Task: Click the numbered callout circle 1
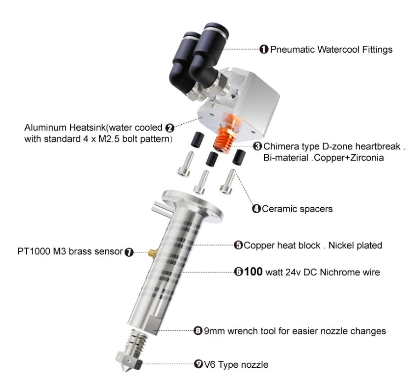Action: (x=264, y=50)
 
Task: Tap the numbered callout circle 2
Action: (x=170, y=128)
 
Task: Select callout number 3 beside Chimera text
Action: (x=257, y=146)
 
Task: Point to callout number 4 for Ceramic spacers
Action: (x=256, y=209)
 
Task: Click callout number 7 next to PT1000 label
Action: (x=129, y=252)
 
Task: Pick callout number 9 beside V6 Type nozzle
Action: (x=198, y=364)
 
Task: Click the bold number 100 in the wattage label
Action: (x=253, y=271)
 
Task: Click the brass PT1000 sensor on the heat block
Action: (x=153, y=253)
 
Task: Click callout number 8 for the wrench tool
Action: (x=198, y=331)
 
